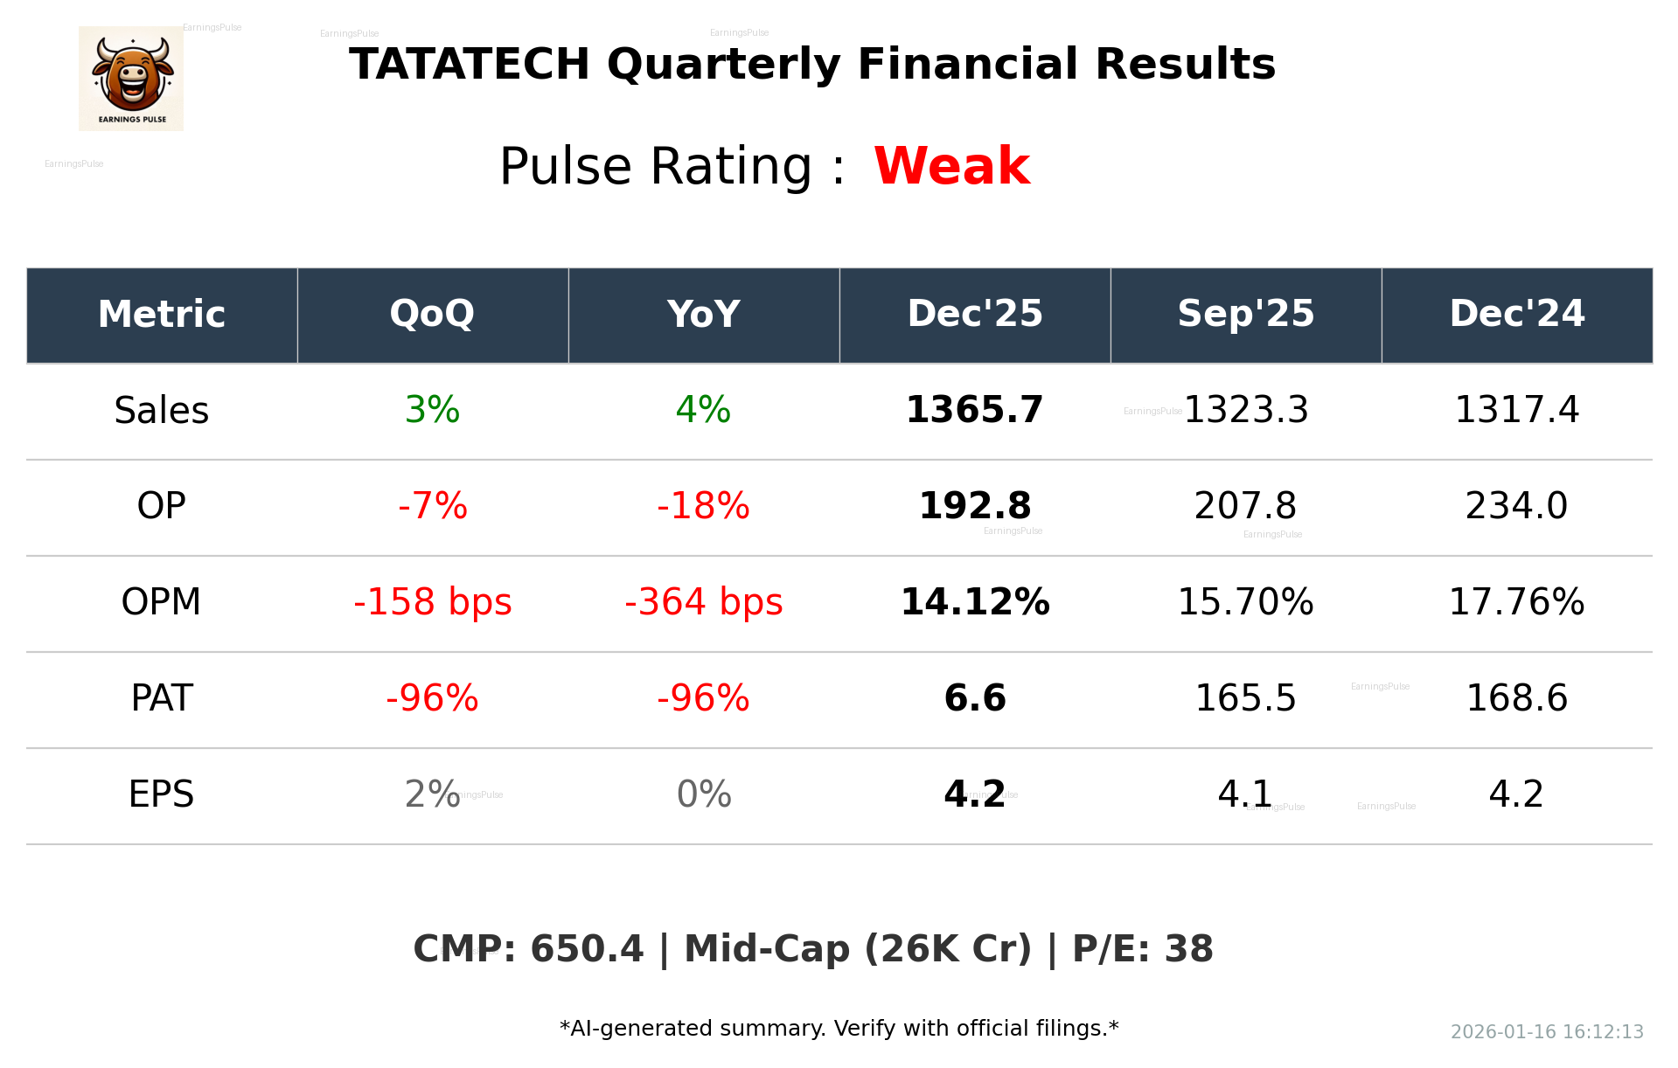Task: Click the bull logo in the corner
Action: coord(131,78)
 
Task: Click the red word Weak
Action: coord(951,166)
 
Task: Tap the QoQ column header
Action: coord(432,314)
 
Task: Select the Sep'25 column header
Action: coord(1245,314)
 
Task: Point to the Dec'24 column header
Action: coord(1516,314)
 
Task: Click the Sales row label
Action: coord(162,410)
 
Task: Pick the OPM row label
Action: coord(162,602)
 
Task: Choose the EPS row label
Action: coord(162,794)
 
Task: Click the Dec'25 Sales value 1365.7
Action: coord(974,410)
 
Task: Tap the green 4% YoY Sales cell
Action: coord(703,410)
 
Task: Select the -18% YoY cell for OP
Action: coord(703,506)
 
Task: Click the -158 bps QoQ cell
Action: coord(432,602)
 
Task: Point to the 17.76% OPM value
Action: coord(1516,602)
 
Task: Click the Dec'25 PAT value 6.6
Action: coord(974,698)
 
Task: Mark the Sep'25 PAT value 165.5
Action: coord(1245,698)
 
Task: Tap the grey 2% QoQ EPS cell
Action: coord(432,794)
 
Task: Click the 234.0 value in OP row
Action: coord(1516,506)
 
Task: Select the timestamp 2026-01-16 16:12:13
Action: coord(1547,1032)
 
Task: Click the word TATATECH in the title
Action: coord(470,65)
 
